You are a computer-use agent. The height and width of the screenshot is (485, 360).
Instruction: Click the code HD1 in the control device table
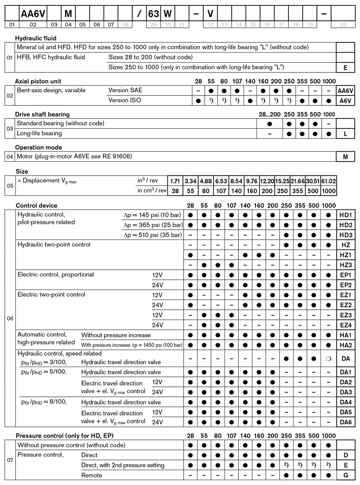[x=345, y=215]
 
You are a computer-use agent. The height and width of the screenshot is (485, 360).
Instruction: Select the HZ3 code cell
[x=345, y=265]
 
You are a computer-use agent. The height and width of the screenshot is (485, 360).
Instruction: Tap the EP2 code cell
[x=345, y=285]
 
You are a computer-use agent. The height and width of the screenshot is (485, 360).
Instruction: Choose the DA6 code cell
[x=345, y=422]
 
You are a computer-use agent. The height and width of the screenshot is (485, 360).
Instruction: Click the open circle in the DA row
[x=329, y=359]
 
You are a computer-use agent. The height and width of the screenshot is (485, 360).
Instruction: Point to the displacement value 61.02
[x=329, y=181]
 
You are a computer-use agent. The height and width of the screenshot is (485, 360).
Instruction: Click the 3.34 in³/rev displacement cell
[x=190, y=181]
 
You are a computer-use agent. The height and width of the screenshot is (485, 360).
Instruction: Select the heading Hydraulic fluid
[x=36, y=38]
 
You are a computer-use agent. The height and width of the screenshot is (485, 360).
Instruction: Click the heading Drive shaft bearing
[x=43, y=114]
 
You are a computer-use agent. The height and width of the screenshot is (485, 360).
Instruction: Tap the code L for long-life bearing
[x=345, y=133]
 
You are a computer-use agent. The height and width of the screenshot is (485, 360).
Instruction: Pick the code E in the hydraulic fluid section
[x=345, y=68]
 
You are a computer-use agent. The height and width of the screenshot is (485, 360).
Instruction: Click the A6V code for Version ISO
[x=345, y=100]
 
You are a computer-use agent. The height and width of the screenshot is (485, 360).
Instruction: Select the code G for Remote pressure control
[x=345, y=475]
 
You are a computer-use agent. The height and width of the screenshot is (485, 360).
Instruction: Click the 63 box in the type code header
[x=154, y=14]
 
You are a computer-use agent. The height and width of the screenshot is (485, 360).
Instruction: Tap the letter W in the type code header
[x=167, y=14]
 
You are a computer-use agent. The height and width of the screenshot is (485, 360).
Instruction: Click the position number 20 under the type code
[x=345, y=25]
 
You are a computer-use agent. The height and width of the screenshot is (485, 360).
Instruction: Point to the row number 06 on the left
[x=10, y=318]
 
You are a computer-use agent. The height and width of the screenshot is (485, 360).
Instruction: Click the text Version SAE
[x=125, y=90]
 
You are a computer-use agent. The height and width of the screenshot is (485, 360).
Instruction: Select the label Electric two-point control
[x=51, y=295]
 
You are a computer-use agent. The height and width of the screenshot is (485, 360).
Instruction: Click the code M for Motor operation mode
[x=345, y=156]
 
